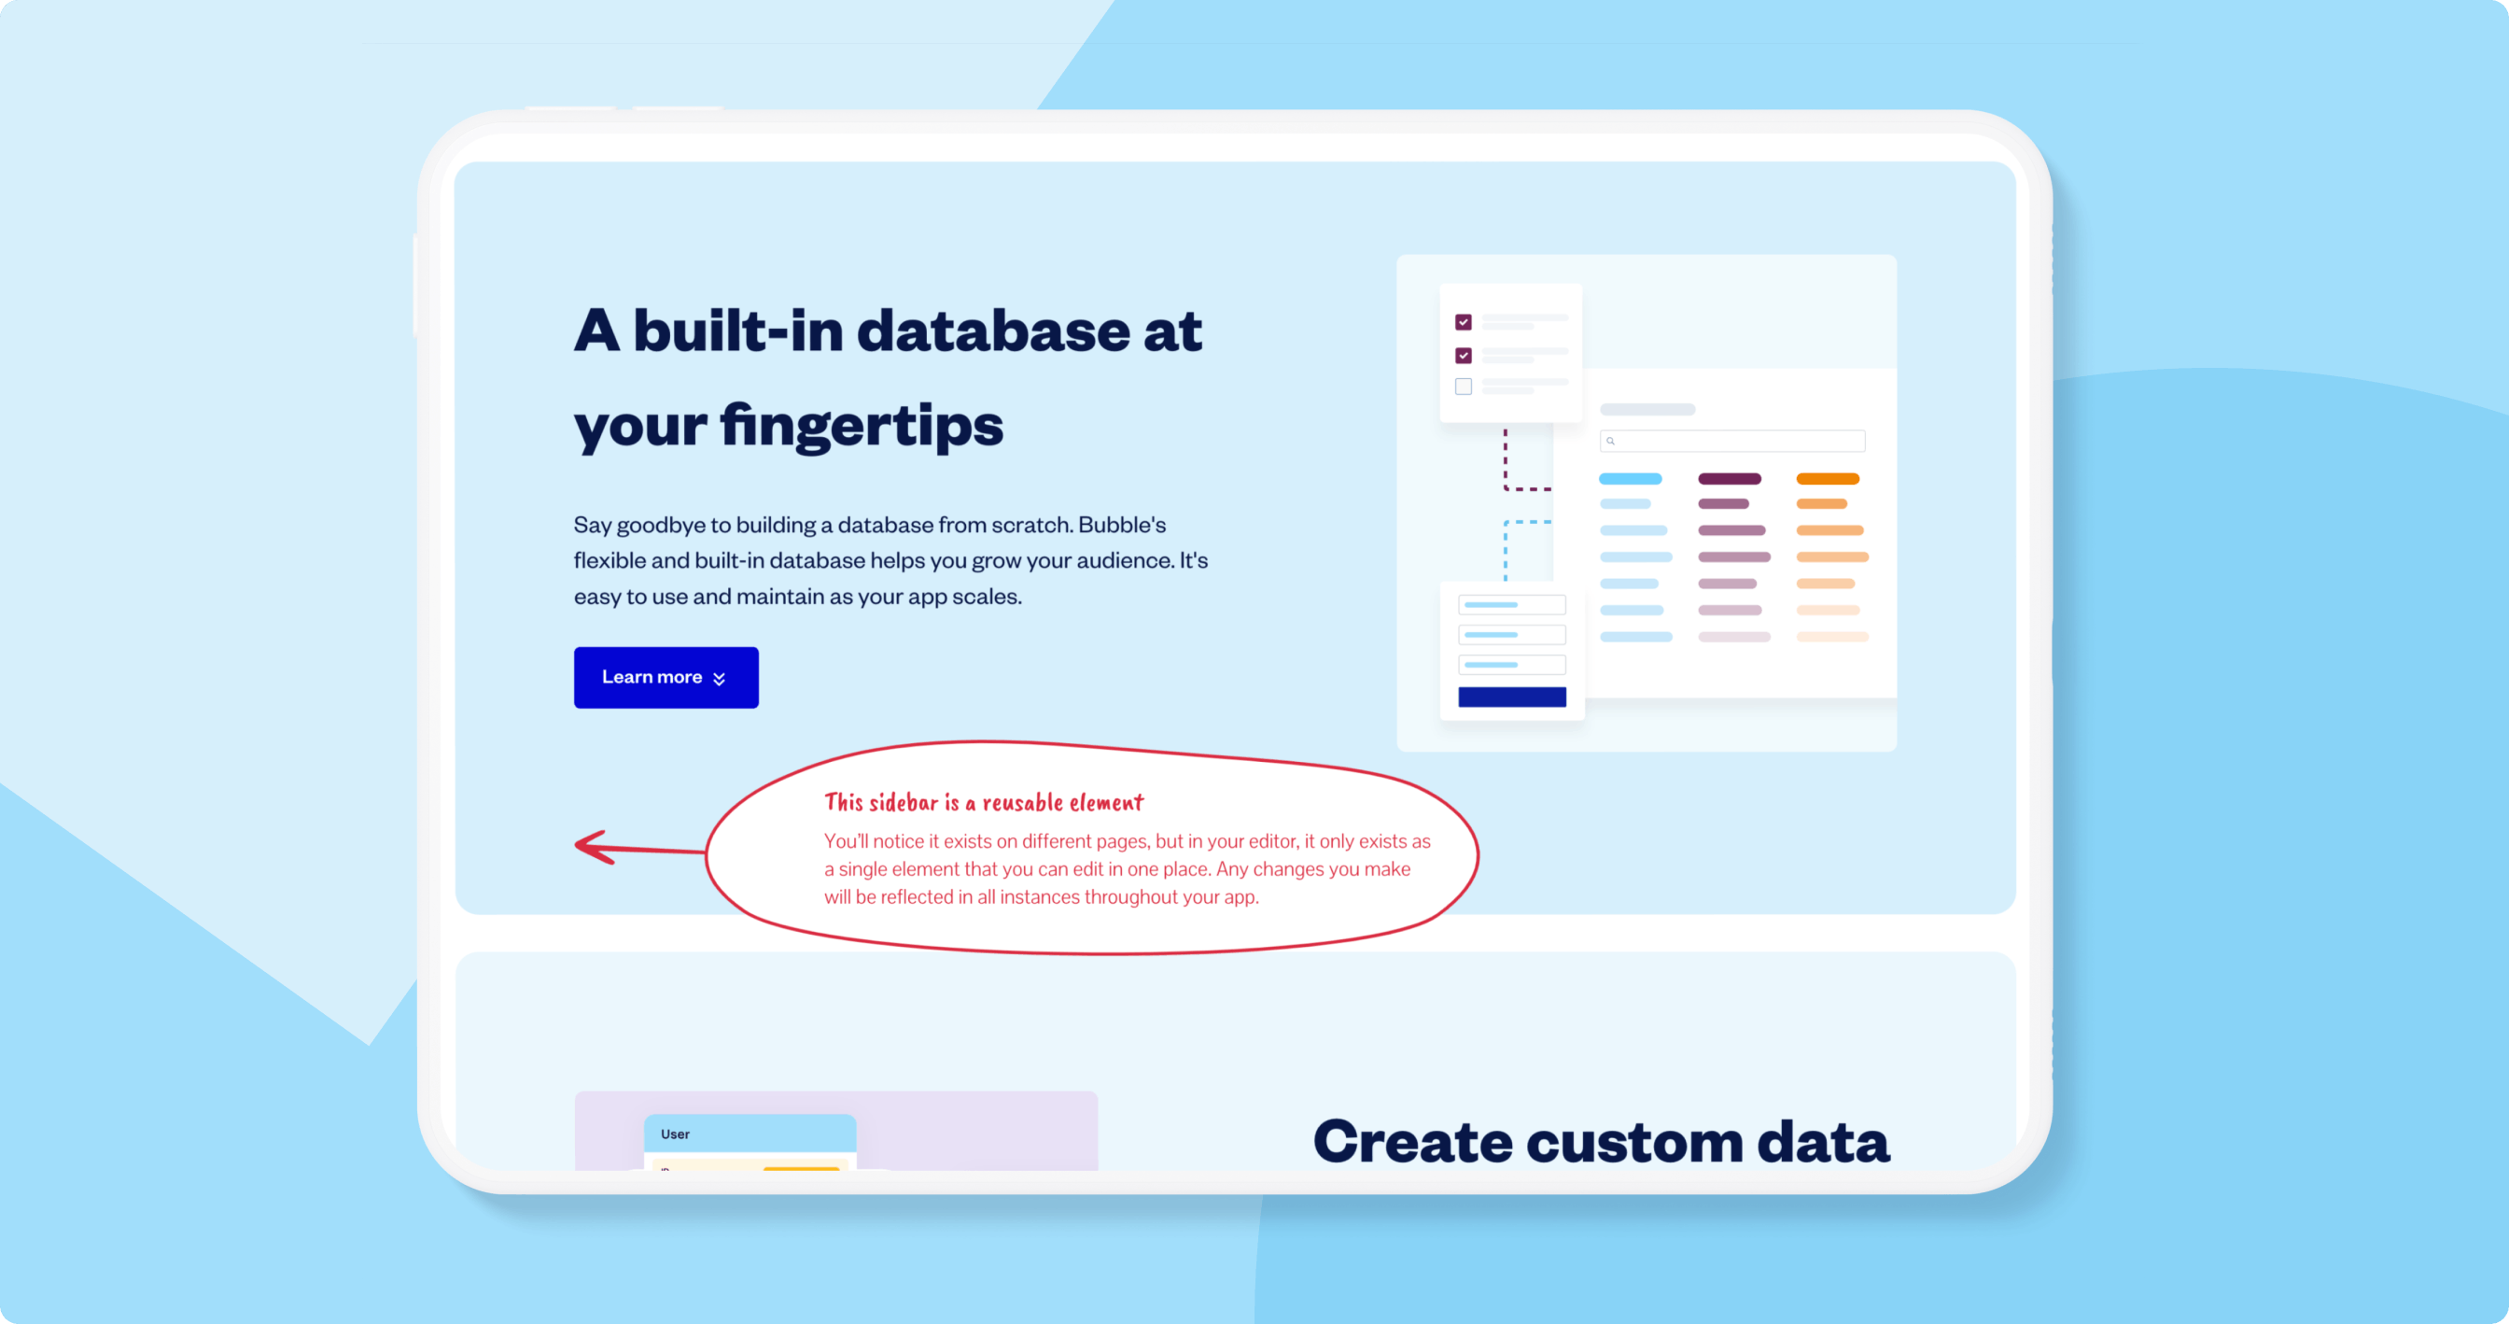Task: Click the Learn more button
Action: coord(666,677)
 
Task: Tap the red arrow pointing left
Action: coord(640,848)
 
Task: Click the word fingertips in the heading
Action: coord(862,427)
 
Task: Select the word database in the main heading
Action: coord(992,331)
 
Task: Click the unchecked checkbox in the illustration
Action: coord(1463,387)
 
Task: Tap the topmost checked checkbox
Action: coord(1463,322)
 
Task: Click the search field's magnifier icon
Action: coord(1611,442)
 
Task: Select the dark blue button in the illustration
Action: coord(1511,697)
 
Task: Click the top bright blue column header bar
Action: coord(1631,478)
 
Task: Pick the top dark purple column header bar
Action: coord(1730,478)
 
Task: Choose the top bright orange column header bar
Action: coord(1829,478)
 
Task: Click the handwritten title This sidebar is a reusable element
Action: coord(984,802)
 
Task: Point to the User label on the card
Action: coord(675,1134)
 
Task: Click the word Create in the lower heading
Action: coord(1413,1142)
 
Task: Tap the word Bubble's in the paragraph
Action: coord(1122,525)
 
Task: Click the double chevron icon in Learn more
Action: coord(719,679)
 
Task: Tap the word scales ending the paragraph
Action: coord(993,597)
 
